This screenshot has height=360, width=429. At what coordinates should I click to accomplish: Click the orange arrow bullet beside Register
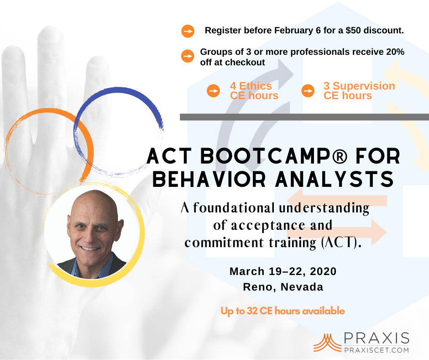[x=188, y=31]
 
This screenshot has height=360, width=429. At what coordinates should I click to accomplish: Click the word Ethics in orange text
[x=256, y=86]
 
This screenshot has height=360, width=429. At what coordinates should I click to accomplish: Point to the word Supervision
[x=364, y=86]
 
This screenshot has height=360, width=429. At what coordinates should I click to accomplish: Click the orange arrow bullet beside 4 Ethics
[x=214, y=90]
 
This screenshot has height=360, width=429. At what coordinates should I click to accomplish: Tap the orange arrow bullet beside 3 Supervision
[x=308, y=90]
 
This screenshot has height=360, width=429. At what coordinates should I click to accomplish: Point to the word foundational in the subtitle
[x=234, y=208]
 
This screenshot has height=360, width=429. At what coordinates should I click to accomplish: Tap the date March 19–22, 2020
[x=283, y=271]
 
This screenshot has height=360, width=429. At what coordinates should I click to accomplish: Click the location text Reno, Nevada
[x=283, y=287]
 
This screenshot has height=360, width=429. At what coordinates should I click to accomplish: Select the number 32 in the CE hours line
[x=252, y=311]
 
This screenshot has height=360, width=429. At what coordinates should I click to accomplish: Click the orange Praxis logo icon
[x=327, y=343]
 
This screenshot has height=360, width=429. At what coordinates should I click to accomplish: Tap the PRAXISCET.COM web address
[x=377, y=350]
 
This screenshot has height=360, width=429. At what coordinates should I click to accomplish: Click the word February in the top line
[x=294, y=31]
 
